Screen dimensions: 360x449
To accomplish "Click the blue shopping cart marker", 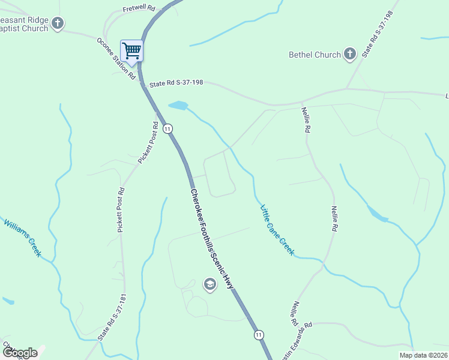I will click(131, 50).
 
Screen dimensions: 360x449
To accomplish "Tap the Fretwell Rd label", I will click(139, 10).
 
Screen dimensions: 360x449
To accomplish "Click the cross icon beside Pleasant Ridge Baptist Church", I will click(58, 24).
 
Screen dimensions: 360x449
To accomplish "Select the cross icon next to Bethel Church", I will click(350, 55).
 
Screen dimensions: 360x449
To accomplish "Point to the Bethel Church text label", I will click(314, 55).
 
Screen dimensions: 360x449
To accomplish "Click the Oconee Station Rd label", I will click(116, 59).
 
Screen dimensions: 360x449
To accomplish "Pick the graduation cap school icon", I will click(210, 284).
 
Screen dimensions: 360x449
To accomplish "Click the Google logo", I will click(20, 352).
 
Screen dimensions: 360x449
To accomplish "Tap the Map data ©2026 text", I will click(423, 355).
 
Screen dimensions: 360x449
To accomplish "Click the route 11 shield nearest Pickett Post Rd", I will click(168, 128).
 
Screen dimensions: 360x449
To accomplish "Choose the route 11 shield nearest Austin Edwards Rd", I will click(258, 334).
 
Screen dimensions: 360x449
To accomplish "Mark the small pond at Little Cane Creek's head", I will click(178, 106).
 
